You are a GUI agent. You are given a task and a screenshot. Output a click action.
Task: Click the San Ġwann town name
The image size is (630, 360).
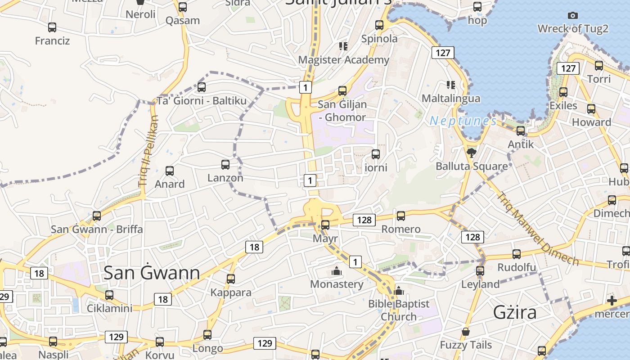pos(152,273)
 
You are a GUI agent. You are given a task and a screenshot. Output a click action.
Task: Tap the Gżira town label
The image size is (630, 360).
pos(515,312)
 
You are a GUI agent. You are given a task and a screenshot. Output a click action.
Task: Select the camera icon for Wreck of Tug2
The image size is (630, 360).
pos(573,16)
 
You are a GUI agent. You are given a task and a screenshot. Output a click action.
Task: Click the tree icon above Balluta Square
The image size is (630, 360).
pos(471,153)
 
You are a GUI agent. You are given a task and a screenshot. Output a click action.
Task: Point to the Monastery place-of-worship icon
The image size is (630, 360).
pos(336,271)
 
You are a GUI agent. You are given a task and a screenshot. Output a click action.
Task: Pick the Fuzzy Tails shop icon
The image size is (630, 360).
pos(466,333)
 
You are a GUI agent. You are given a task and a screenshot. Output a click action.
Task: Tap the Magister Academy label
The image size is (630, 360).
pos(344,60)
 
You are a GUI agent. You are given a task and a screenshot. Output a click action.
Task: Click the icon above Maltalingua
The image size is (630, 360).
pos(450,85)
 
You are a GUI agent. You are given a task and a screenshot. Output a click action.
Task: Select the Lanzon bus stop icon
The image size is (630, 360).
pos(225,165)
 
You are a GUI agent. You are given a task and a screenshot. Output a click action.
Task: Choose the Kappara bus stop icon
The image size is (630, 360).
pos(231,279)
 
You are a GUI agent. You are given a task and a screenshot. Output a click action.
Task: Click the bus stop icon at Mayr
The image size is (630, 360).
pos(325,225)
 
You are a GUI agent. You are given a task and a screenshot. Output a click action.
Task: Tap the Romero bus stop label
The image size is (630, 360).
pos(401,229)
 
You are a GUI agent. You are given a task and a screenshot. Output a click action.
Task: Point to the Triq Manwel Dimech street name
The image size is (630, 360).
pos(538,229)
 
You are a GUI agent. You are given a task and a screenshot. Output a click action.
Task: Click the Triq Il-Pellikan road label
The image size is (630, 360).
pos(149,151)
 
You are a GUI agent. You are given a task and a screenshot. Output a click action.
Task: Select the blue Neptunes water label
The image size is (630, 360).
pos(463,121)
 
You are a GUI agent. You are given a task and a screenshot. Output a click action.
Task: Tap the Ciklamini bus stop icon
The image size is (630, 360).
pos(109,295)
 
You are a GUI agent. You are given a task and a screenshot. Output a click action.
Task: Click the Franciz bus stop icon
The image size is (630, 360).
pos(52,27)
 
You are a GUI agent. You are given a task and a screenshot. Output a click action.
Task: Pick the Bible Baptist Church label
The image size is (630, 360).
pos(399,310)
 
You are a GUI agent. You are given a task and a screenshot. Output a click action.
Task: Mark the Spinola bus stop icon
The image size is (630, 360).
pos(379,25)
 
